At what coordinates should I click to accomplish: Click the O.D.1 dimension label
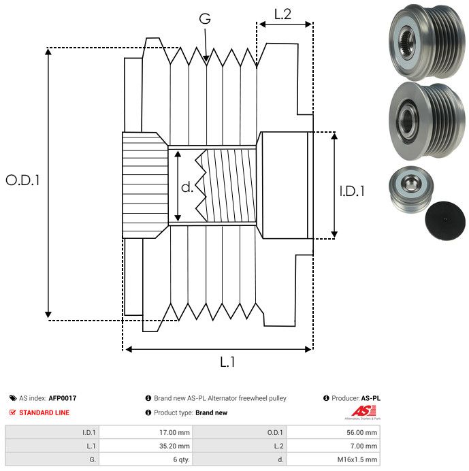pos(22,180)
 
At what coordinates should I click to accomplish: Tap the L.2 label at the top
pos(282,14)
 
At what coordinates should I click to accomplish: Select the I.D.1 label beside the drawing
pos(352,192)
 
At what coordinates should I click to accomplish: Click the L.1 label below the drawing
pos(227,363)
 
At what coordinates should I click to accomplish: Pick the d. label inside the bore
pos(187,186)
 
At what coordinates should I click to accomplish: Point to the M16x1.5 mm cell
pos(355,460)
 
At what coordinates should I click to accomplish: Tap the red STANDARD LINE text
pos(44,412)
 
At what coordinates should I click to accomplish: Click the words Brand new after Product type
pos(211,412)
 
